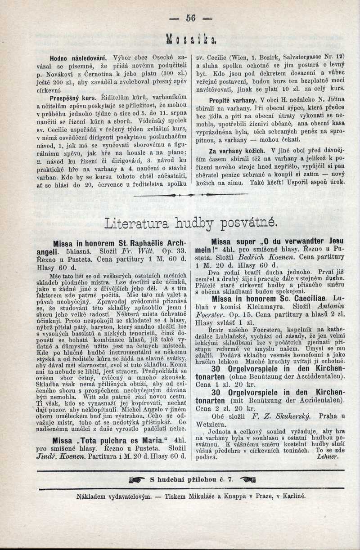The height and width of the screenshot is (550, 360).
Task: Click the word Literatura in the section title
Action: point(137,223)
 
